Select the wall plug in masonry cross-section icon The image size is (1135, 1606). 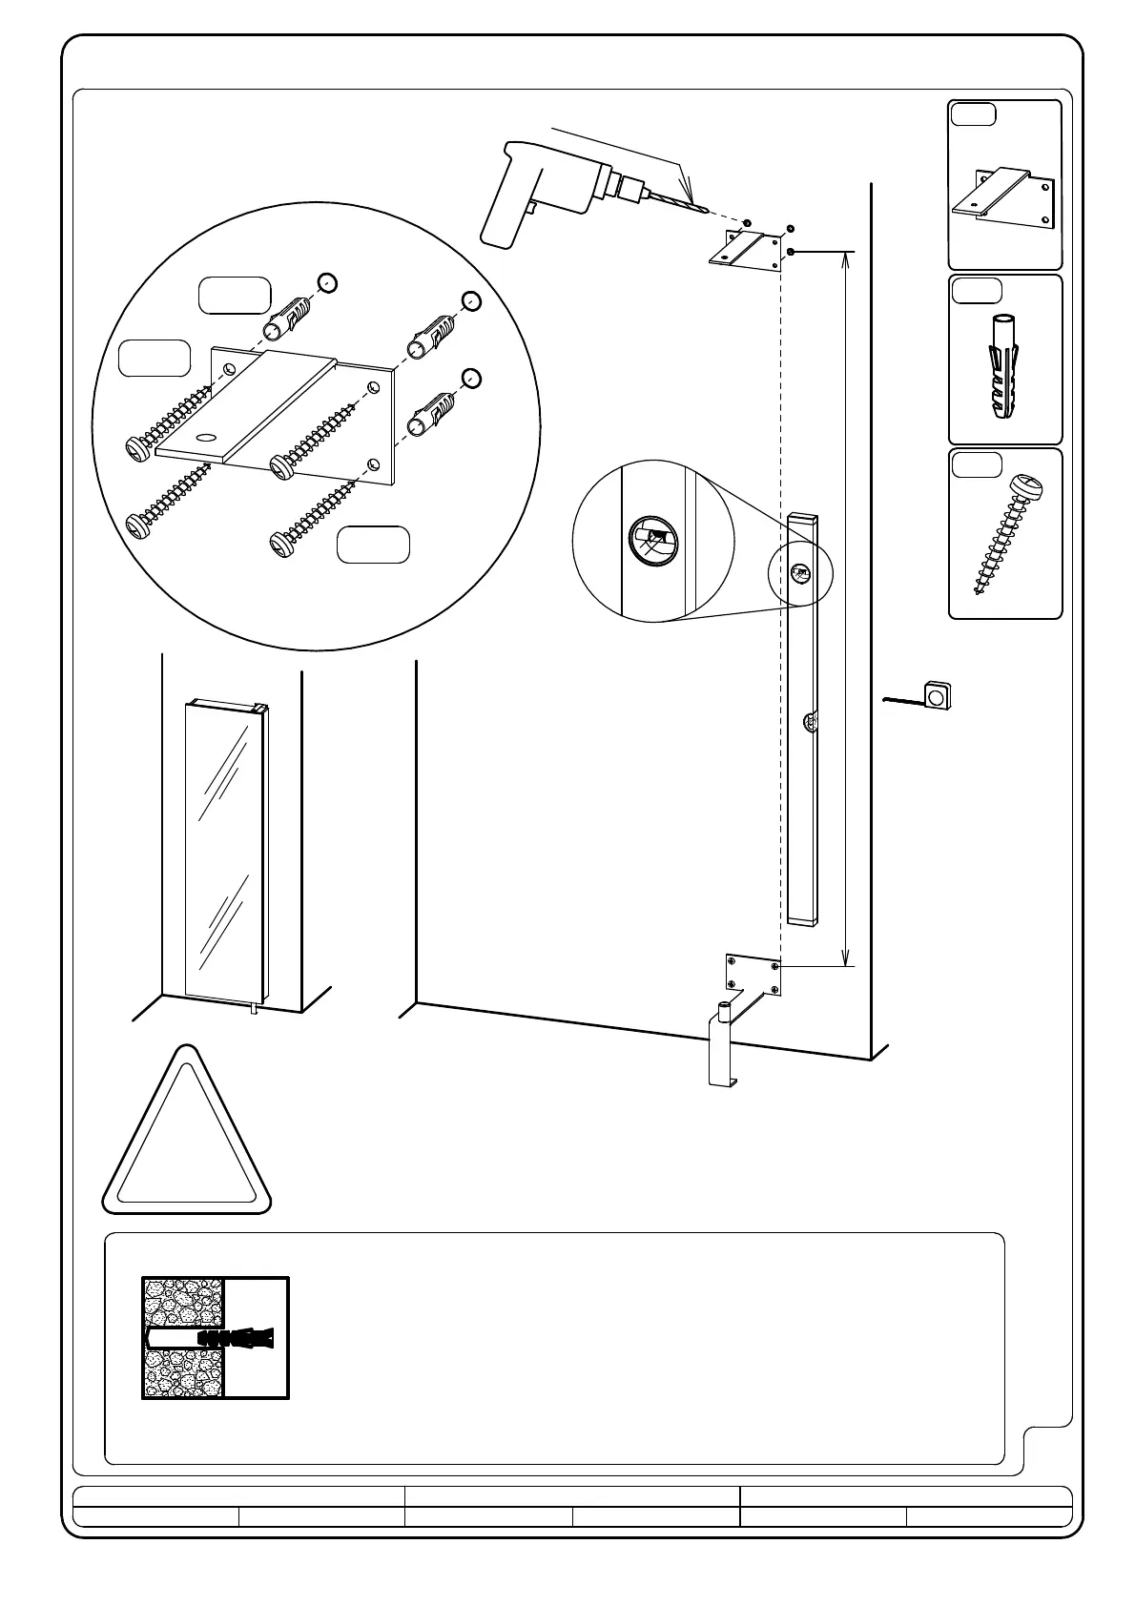216,1338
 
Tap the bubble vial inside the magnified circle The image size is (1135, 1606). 653,541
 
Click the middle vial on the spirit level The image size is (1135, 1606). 809,723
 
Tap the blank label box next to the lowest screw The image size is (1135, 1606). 374,544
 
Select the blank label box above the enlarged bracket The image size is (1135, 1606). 234,296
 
